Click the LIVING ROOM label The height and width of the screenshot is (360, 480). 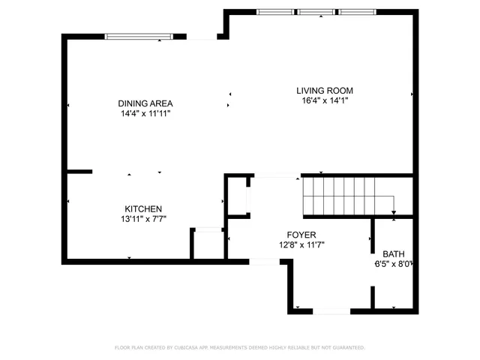322,90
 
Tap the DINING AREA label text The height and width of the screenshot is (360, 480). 145,103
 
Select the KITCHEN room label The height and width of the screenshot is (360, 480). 143,209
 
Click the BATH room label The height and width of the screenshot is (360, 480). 394,253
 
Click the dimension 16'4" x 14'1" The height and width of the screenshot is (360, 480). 322,100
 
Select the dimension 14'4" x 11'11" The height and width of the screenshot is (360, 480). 145,113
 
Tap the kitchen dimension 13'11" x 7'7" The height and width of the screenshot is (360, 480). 143,219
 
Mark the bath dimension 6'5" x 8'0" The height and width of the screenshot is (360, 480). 394,263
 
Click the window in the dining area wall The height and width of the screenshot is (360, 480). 140,35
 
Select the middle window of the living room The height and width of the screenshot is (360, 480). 316,12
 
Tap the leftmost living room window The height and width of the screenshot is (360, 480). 275,12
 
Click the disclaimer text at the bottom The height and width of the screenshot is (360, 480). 240,347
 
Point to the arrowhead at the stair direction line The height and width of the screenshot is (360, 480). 394,213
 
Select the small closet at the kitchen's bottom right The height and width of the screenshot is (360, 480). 207,243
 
